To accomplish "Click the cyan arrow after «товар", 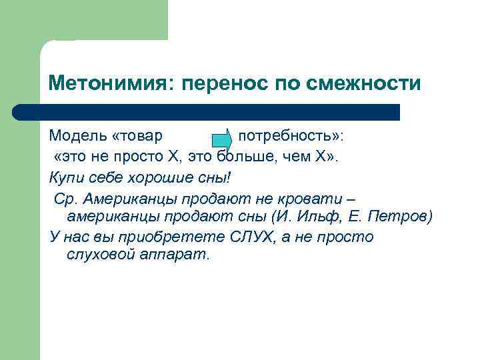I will (x=221, y=139).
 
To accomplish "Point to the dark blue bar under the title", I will (x=207, y=111).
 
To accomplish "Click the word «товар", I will (x=138, y=136).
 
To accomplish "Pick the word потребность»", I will (x=291, y=136).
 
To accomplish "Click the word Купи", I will (x=65, y=177).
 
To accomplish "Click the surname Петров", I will (x=405, y=217).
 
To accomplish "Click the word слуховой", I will (x=101, y=255).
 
